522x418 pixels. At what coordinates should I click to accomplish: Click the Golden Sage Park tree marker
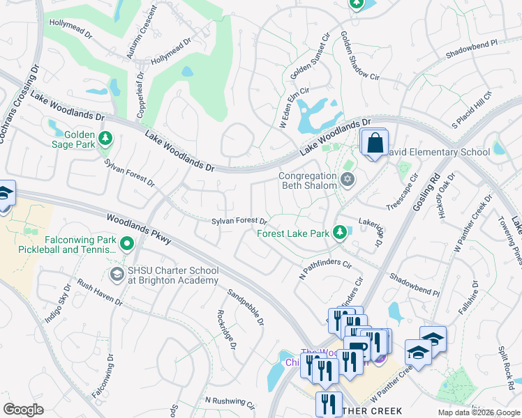pos(105,138)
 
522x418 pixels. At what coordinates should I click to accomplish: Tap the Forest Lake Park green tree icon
pos(340,231)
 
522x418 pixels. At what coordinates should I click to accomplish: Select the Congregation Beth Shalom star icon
pos(348,180)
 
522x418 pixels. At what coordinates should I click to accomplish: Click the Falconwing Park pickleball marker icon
pos(126,244)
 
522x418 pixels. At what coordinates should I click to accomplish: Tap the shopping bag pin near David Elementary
pos(375,143)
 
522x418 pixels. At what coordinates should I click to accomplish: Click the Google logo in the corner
pos(23,410)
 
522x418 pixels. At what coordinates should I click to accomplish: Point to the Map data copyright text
pos(478,412)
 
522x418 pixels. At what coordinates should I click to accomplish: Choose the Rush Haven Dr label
pos(99,293)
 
